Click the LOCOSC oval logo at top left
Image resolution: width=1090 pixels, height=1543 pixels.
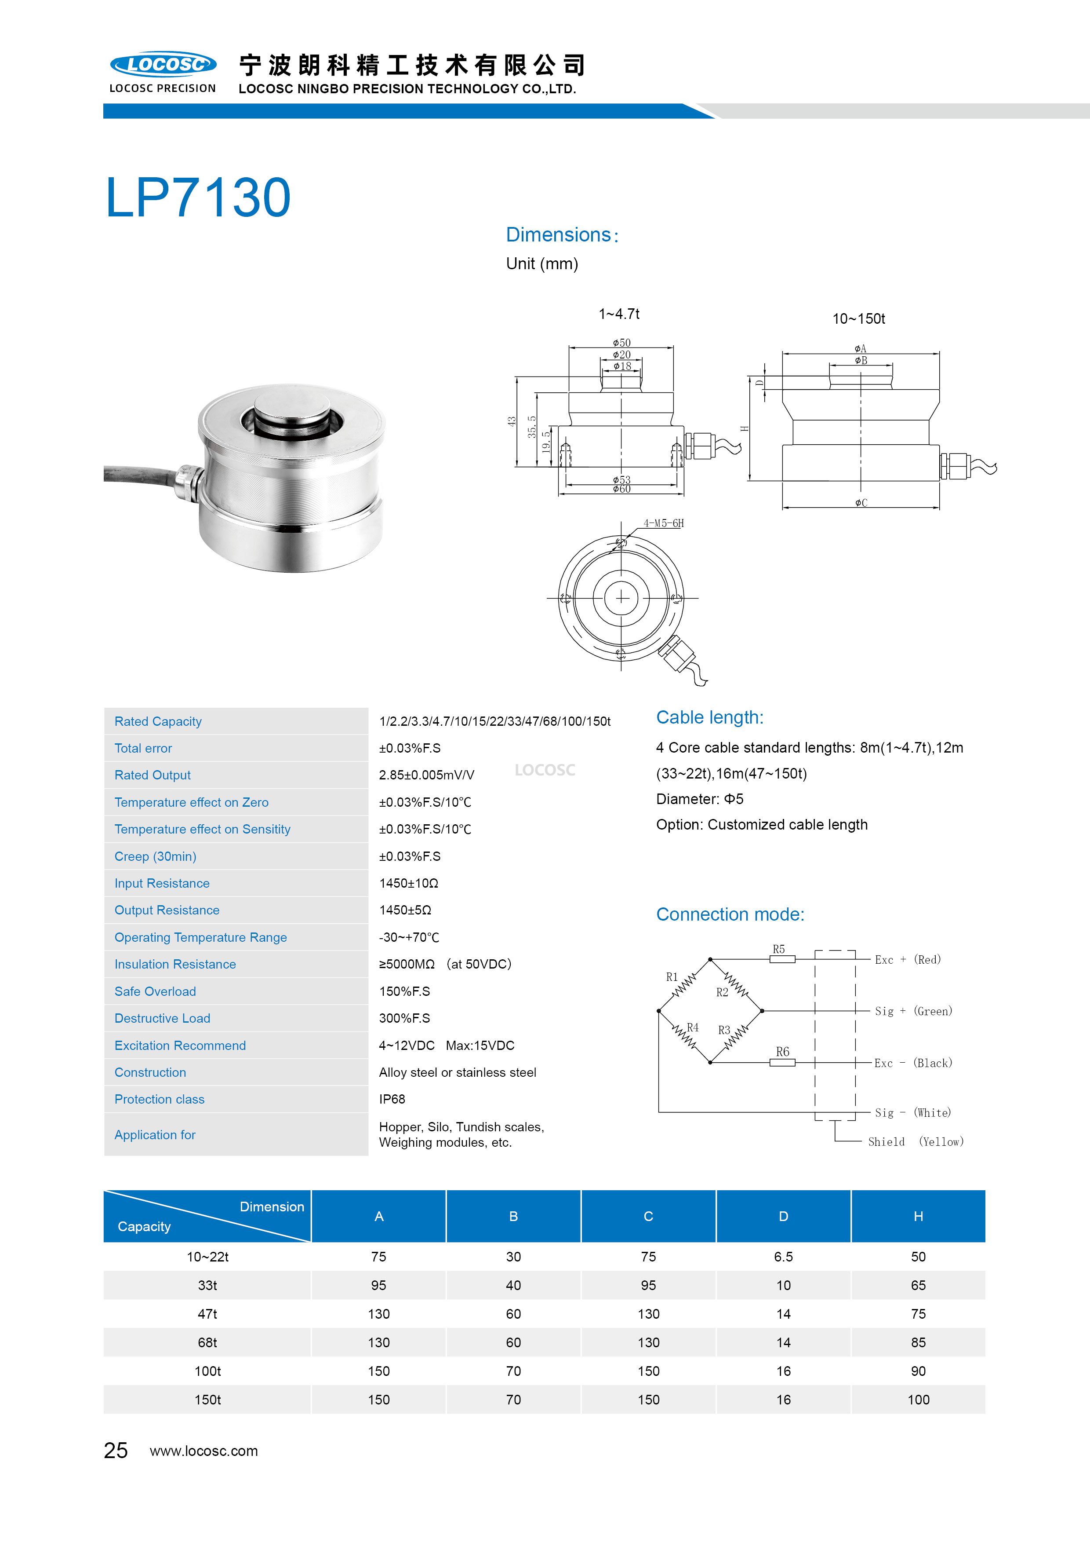[163, 65]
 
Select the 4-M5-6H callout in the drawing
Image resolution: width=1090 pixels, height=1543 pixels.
[664, 523]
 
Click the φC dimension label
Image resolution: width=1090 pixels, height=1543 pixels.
[861, 503]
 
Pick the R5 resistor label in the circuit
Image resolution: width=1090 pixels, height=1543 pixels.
[778, 949]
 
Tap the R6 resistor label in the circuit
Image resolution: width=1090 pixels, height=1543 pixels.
[782, 1052]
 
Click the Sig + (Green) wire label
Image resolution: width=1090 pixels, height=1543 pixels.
[913, 1011]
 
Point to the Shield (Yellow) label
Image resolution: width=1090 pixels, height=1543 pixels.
[916, 1141]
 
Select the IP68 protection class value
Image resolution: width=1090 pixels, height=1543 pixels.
[392, 1099]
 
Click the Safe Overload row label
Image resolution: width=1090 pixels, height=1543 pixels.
[155, 991]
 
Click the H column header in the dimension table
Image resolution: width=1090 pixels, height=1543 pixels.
[918, 1216]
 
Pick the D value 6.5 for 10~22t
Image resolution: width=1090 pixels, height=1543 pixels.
[783, 1257]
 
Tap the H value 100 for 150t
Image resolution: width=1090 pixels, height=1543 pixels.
[918, 1400]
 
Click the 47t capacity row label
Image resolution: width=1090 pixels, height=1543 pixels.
[207, 1314]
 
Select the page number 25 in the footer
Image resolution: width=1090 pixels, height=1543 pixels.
[116, 1450]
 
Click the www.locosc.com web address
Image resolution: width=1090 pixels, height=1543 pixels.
[203, 1451]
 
